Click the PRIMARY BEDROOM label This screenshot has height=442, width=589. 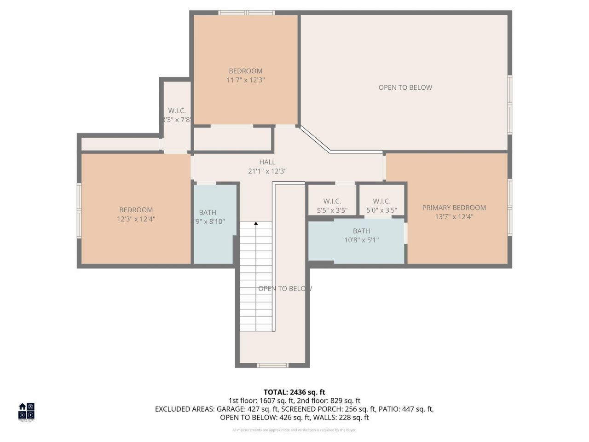tap(454, 208)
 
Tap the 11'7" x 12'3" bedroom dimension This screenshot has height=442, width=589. tap(246, 80)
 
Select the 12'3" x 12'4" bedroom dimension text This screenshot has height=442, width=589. tap(136, 219)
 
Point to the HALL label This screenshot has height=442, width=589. tap(267, 162)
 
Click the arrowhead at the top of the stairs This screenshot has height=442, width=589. tap(256, 224)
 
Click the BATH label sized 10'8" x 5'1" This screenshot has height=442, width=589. tap(361, 231)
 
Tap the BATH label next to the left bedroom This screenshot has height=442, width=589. tap(208, 212)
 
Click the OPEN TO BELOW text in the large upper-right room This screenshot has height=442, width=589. tap(405, 87)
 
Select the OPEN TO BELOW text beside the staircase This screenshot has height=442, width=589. tap(285, 289)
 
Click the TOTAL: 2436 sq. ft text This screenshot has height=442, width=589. tap(294, 392)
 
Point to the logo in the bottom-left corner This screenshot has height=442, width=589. tap(26, 412)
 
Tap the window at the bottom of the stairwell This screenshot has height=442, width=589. tap(272, 366)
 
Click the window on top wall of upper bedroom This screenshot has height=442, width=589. tap(246, 12)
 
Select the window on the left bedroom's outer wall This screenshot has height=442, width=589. tap(79, 211)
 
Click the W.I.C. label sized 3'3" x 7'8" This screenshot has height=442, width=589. tap(177, 111)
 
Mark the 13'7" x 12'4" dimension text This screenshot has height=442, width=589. tap(454, 217)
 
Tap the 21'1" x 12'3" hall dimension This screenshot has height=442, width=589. tap(267, 171)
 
